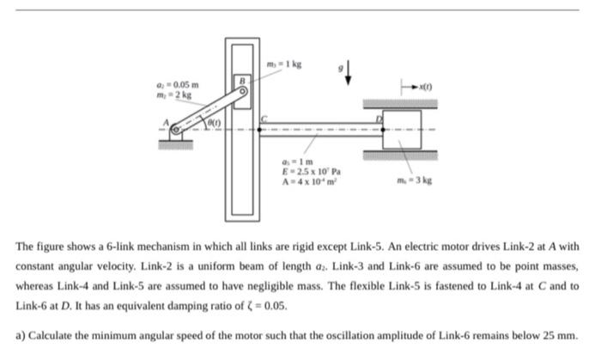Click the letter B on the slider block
click(242, 78)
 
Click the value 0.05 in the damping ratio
click(272, 306)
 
